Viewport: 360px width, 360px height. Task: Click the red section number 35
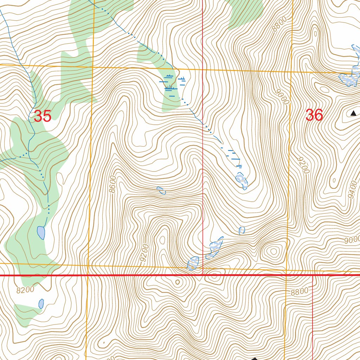click(x=43, y=116)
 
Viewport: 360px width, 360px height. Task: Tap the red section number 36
click(x=314, y=115)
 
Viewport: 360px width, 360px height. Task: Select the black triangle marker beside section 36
click(x=353, y=113)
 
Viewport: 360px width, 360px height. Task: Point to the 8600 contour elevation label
click(x=112, y=184)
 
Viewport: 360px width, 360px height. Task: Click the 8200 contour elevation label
click(x=25, y=290)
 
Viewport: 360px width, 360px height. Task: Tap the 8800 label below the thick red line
click(x=299, y=291)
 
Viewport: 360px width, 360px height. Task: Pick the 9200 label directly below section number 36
click(x=303, y=165)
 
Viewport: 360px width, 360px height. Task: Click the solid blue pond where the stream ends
click(x=41, y=232)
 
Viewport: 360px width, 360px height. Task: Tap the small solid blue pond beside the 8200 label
click(x=41, y=303)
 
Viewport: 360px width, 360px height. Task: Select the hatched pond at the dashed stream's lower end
click(x=242, y=181)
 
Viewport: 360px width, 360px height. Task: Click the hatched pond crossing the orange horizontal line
click(x=193, y=263)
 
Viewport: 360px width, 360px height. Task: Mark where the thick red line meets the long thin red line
click(x=203, y=275)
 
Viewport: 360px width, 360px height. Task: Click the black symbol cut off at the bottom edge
click(x=254, y=358)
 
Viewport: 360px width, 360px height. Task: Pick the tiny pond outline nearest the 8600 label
click(x=161, y=191)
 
